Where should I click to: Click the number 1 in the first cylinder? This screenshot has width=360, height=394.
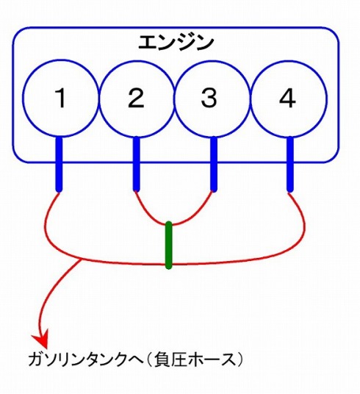point(61,98)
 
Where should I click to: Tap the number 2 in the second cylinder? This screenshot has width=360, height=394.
point(136,98)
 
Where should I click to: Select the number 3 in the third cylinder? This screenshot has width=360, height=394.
point(209,98)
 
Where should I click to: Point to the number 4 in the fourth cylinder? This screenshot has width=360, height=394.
point(288,98)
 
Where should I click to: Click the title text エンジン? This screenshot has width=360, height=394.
point(176,43)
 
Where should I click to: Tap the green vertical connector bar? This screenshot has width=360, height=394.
point(169,246)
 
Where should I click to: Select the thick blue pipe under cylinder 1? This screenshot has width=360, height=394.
point(59,165)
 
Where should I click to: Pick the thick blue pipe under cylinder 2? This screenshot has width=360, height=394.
point(136,164)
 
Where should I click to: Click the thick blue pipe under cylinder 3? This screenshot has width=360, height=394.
point(214,164)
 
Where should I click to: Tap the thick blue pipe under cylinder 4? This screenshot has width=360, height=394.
point(290,165)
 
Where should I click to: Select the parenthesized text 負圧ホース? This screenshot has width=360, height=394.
point(195,359)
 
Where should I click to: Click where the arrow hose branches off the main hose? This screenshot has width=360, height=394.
point(81,259)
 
